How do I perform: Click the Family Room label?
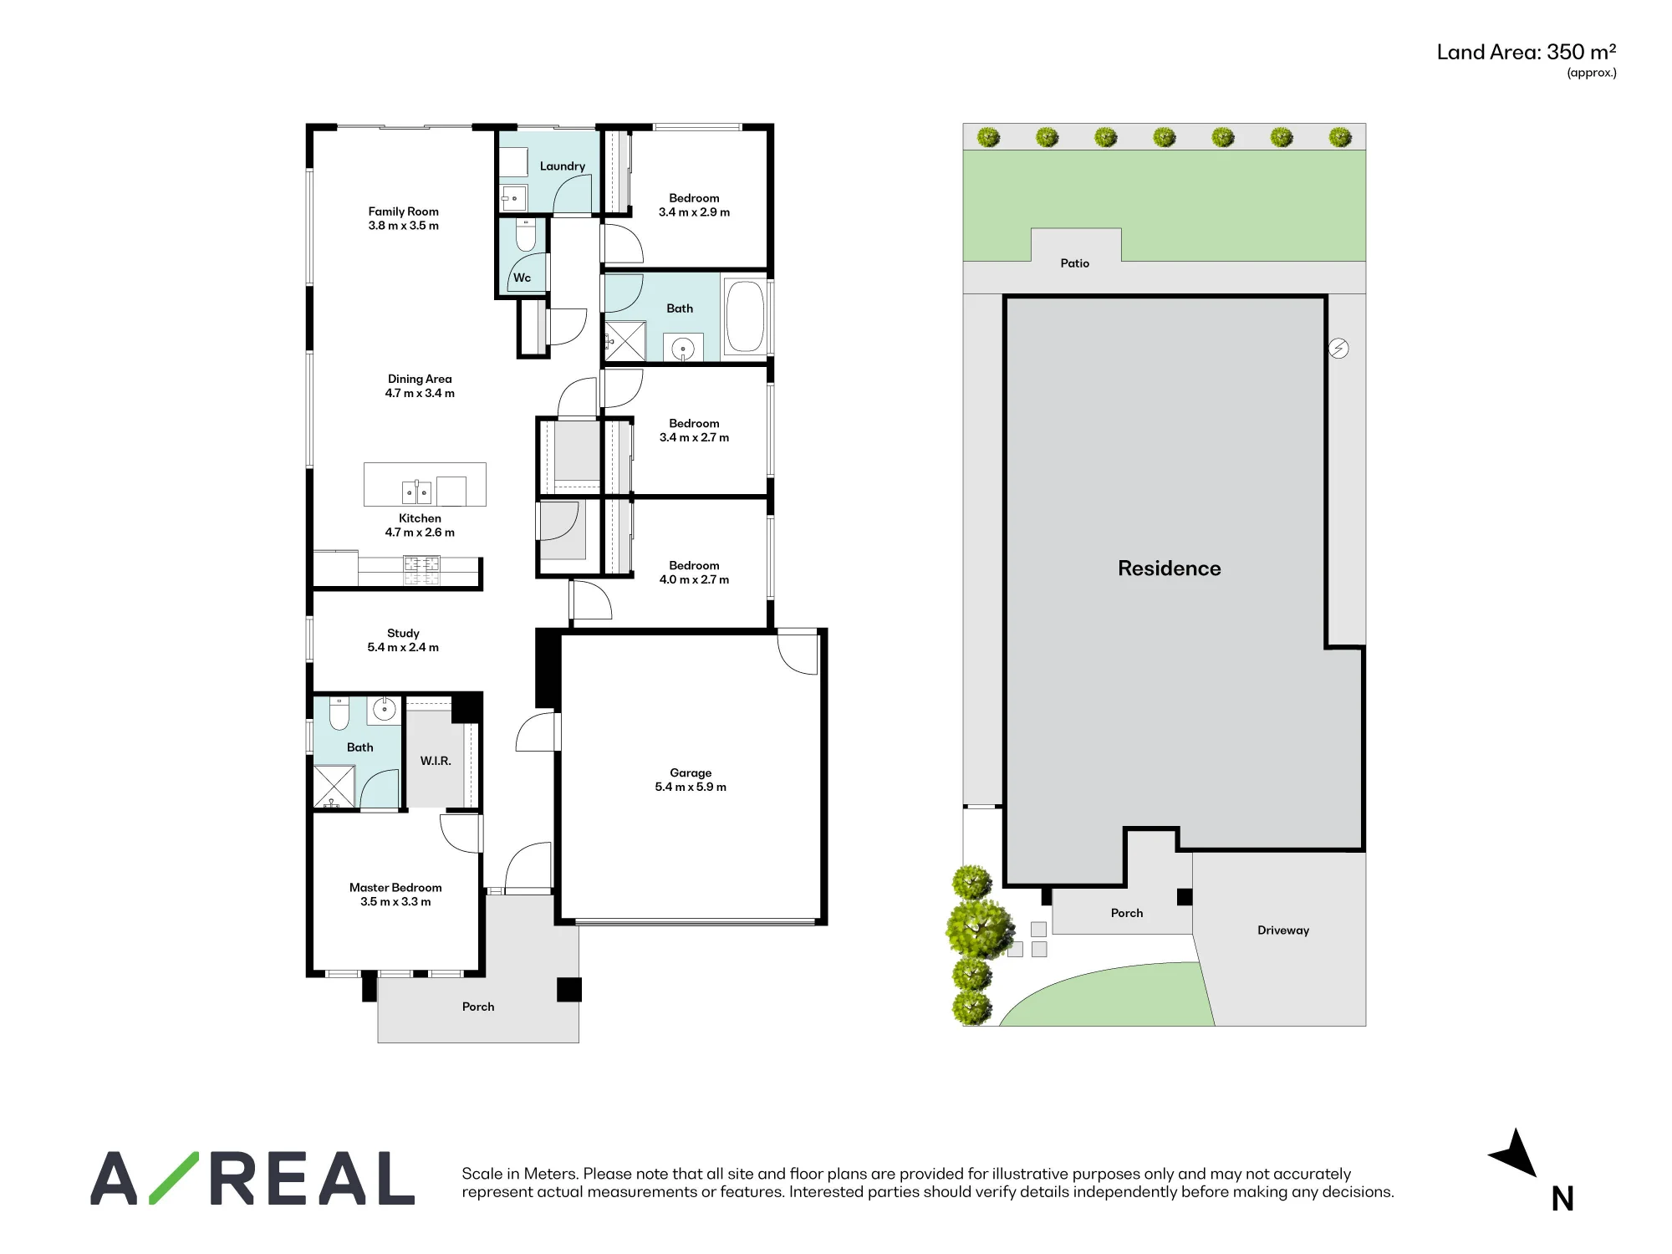click(x=404, y=212)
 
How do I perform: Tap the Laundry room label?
click(x=563, y=166)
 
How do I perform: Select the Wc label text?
click(x=522, y=278)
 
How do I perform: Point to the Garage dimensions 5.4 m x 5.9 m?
click(x=691, y=787)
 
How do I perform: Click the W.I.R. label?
click(x=436, y=761)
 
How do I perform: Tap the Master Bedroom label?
click(x=395, y=888)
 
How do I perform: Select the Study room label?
click(x=403, y=633)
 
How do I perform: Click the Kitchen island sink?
click(x=416, y=492)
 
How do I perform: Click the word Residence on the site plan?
click(x=1170, y=568)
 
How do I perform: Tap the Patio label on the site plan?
click(x=1075, y=263)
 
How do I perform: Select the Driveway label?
click(x=1283, y=930)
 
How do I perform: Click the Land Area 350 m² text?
click(x=1527, y=52)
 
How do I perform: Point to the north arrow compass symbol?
click(x=1515, y=1153)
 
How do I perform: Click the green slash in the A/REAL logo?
click(x=174, y=1178)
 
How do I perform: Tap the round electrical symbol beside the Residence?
click(x=1338, y=349)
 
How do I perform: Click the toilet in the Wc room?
click(x=526, y=235)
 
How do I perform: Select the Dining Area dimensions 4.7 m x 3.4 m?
click(x=420, y=393)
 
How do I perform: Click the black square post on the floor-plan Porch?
click(x=569, y=990)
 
